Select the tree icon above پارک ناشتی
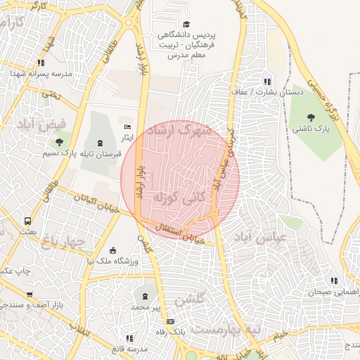(x=311, y=117)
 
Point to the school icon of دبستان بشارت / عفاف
(x=266, y=80)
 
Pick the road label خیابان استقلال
(x=181, y=236)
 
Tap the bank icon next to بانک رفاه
(x=169, y=321)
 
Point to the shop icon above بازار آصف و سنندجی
(x=30, y=295)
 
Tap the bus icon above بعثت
(x=27, y=221)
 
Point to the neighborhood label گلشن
(x=190, y=298)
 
